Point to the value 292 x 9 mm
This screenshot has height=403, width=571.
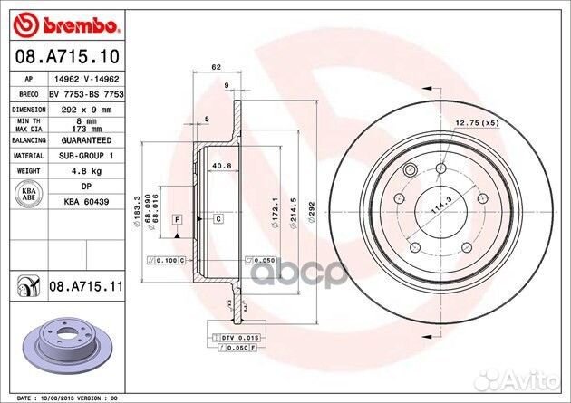(x=87, y=109)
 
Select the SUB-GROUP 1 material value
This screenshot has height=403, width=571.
(x=87, y=155)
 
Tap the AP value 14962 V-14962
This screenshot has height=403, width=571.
(x=87, y=79)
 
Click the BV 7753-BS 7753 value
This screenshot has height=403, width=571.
(x=87, y=93)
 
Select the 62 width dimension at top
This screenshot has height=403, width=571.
(x=217, y=68)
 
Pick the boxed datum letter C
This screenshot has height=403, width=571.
(x=218, y=219)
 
